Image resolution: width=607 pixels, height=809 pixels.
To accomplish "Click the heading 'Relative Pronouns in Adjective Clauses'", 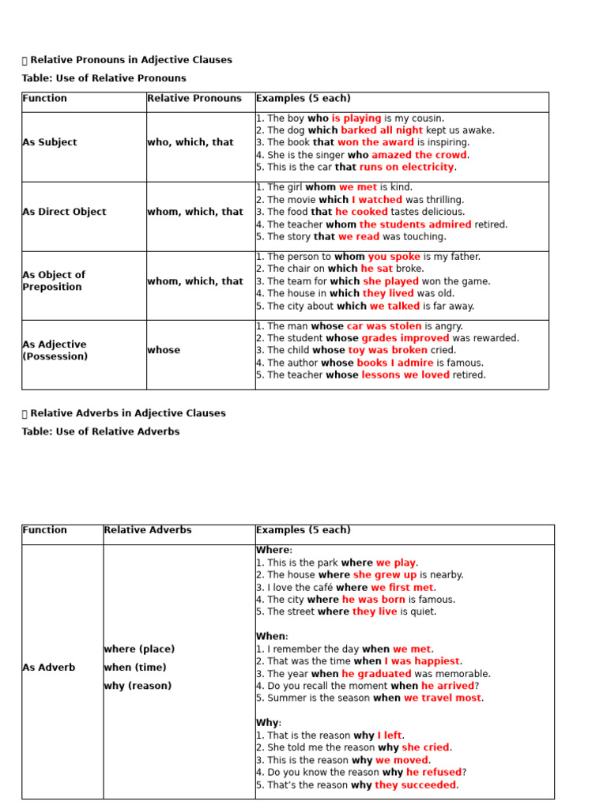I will (131, 60).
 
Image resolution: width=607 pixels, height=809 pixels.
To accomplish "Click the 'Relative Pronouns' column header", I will (194, 99).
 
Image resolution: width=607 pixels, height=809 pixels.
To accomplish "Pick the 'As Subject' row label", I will (50, 142).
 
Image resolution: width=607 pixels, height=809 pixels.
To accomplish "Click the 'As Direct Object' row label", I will (64, 212).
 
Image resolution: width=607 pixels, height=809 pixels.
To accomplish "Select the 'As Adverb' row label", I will (49, 668).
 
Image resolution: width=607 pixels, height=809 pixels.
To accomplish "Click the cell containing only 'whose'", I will (164, 350).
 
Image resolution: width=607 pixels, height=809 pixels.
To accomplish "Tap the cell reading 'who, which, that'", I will (190, 142).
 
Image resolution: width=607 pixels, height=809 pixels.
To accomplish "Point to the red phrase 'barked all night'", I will (382, 130).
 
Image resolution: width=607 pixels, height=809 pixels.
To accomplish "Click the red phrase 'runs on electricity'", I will (406, 167).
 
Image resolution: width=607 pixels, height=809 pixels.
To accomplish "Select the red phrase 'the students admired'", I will (415, 224).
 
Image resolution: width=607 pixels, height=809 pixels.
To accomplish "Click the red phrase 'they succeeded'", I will (415, 785).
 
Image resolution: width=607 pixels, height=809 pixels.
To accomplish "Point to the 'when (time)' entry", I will (134, 668).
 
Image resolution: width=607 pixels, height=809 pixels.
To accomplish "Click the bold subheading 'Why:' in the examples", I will (269, 723).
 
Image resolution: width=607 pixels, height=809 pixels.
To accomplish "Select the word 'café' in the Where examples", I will (319, 587).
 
